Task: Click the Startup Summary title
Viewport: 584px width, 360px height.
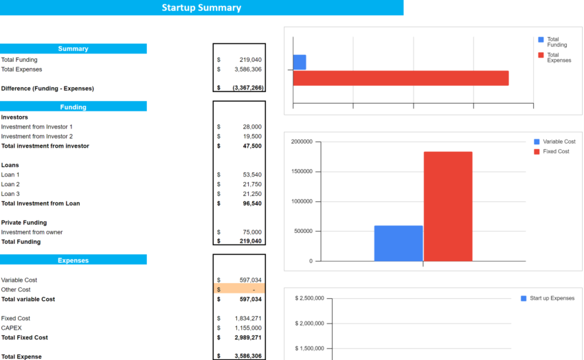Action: (x=201, y=8)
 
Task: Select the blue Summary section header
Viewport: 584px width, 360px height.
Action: (x=73, y=49)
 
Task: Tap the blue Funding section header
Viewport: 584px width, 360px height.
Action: (x=73, y=106)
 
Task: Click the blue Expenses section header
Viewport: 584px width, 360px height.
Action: (x=73, y=260)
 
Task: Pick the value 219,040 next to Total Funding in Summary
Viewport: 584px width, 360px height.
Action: (x=250, y=60)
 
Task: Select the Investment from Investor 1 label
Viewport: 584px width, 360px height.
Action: (x=36, y=127)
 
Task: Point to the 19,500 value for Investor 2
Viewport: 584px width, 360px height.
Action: (x=251, y=137)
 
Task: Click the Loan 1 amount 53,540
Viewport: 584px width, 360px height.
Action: (x=251, y=175)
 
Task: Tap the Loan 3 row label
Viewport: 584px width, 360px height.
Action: (x=10, y=194)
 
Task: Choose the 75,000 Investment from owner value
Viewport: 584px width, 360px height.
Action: (x=251, y=232)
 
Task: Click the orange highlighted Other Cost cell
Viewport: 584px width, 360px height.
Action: (x=238, y=290)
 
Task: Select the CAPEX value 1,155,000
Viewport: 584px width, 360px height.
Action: (x=248, y=328)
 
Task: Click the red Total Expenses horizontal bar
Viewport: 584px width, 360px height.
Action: (x=401, y=78)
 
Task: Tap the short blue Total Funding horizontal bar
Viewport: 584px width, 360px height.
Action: (x=300, y=62)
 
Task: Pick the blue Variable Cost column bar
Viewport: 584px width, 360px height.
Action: (x=398, y=243)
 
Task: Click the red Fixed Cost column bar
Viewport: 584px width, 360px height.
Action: (x=447, y=206)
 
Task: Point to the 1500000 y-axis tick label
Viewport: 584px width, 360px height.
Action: (x=302, y=172)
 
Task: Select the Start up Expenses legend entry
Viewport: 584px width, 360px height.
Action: (x=548, y=298)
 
